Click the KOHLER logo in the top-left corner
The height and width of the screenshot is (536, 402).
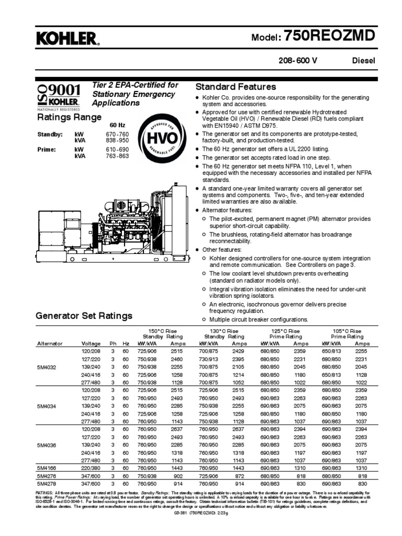pos(66,38)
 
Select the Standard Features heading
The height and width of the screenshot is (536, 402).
pos(235,86)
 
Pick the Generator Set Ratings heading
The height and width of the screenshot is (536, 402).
pos(84,316)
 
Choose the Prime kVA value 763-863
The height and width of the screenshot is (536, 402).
pos(117,155)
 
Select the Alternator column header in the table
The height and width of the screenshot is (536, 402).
pos(50,343)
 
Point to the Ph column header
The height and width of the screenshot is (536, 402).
pos(112,343)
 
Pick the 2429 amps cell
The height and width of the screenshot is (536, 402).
pos(239,351)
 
